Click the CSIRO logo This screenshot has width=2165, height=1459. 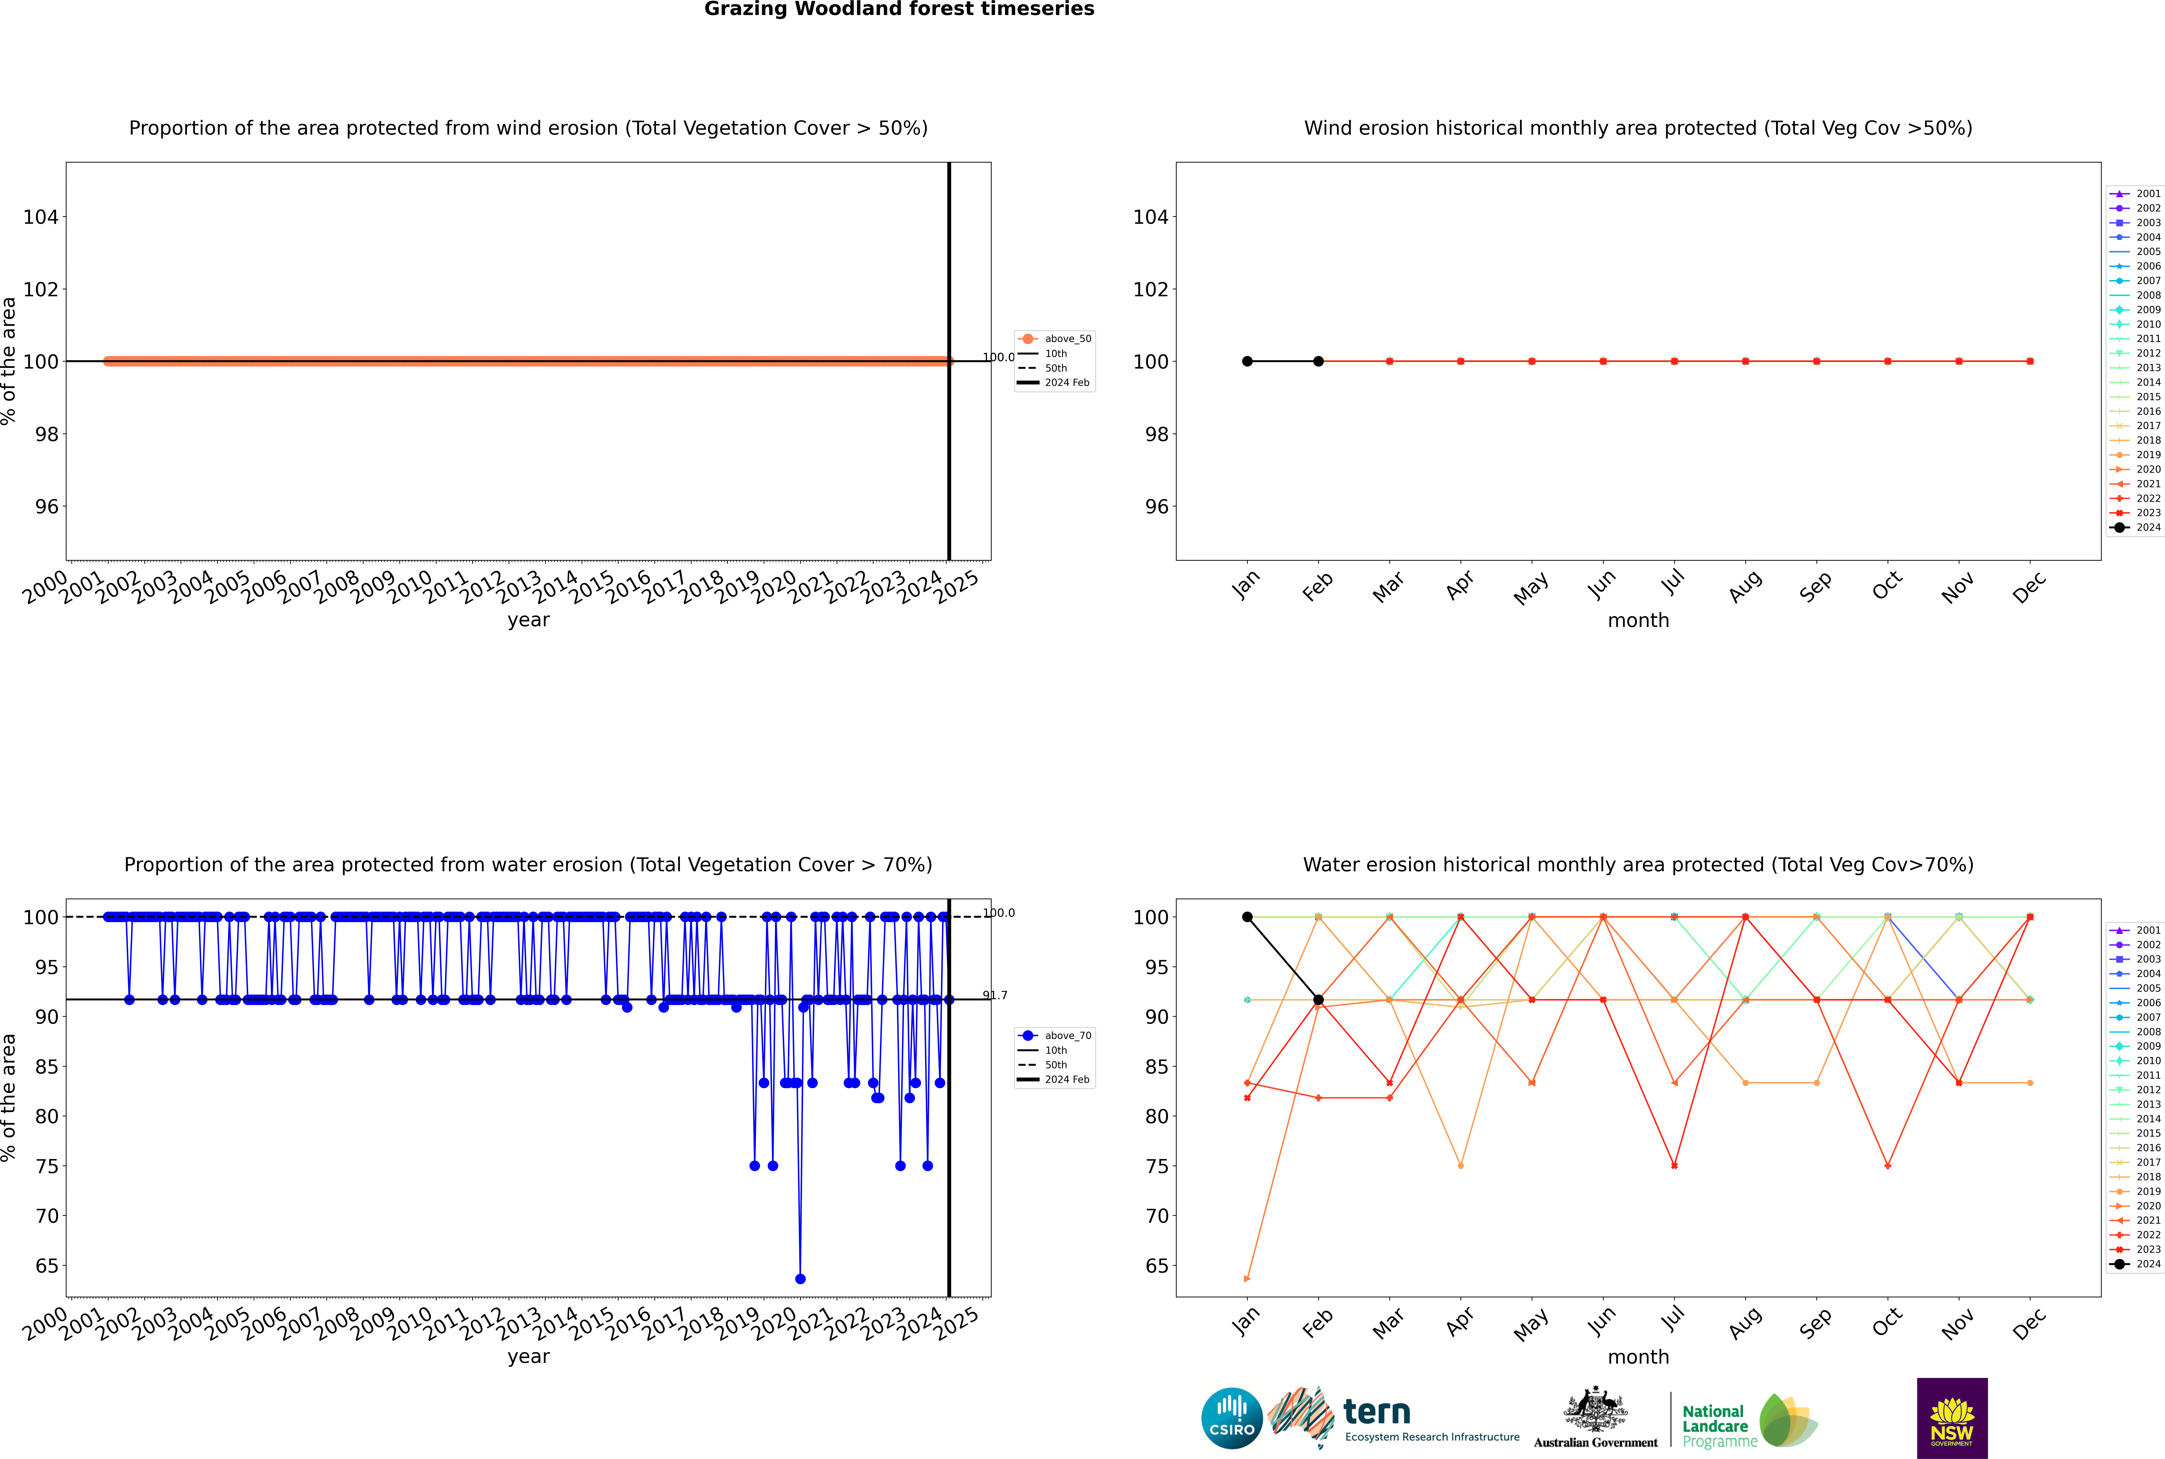pos(1231,1418)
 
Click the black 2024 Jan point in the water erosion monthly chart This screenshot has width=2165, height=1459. pos(1247,917)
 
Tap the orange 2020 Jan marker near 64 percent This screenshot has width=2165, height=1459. pos(1247,1278)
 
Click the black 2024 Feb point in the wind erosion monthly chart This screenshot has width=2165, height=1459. pos(1318,361)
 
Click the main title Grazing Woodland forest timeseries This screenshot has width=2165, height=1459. pos(899,9)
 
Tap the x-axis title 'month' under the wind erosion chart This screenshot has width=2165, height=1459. pos(1638,621)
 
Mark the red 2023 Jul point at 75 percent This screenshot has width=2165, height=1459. pos(1674,1166)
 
